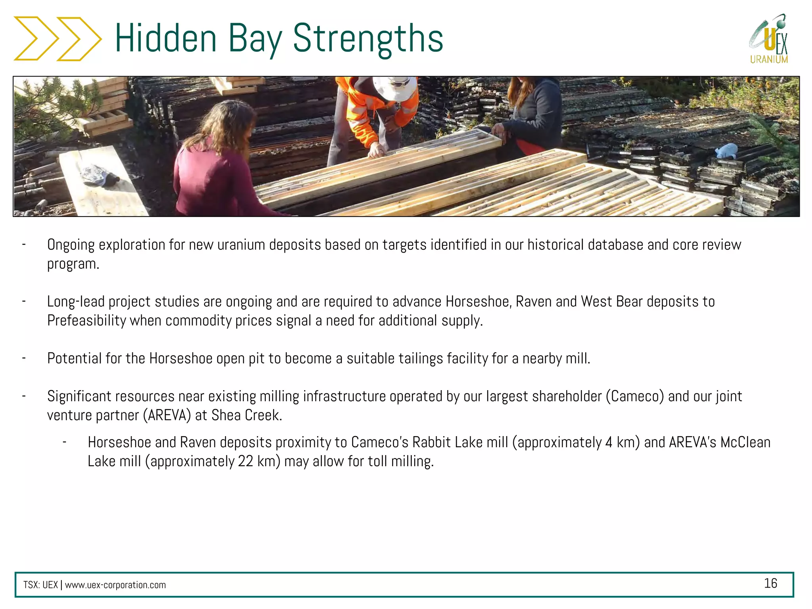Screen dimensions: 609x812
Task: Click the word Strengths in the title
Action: click(x=368, y=38)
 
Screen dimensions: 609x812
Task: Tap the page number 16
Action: click(x=770, y=583)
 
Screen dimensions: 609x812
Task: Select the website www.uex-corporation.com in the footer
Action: click(x=115, y=585)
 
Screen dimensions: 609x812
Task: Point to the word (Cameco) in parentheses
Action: click(x=634, y=396)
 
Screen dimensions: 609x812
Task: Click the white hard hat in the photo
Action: click(x=395, y=87)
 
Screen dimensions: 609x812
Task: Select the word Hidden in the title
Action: click(x=166, y=38)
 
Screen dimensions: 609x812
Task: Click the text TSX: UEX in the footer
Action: click(x=40, y=585)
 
